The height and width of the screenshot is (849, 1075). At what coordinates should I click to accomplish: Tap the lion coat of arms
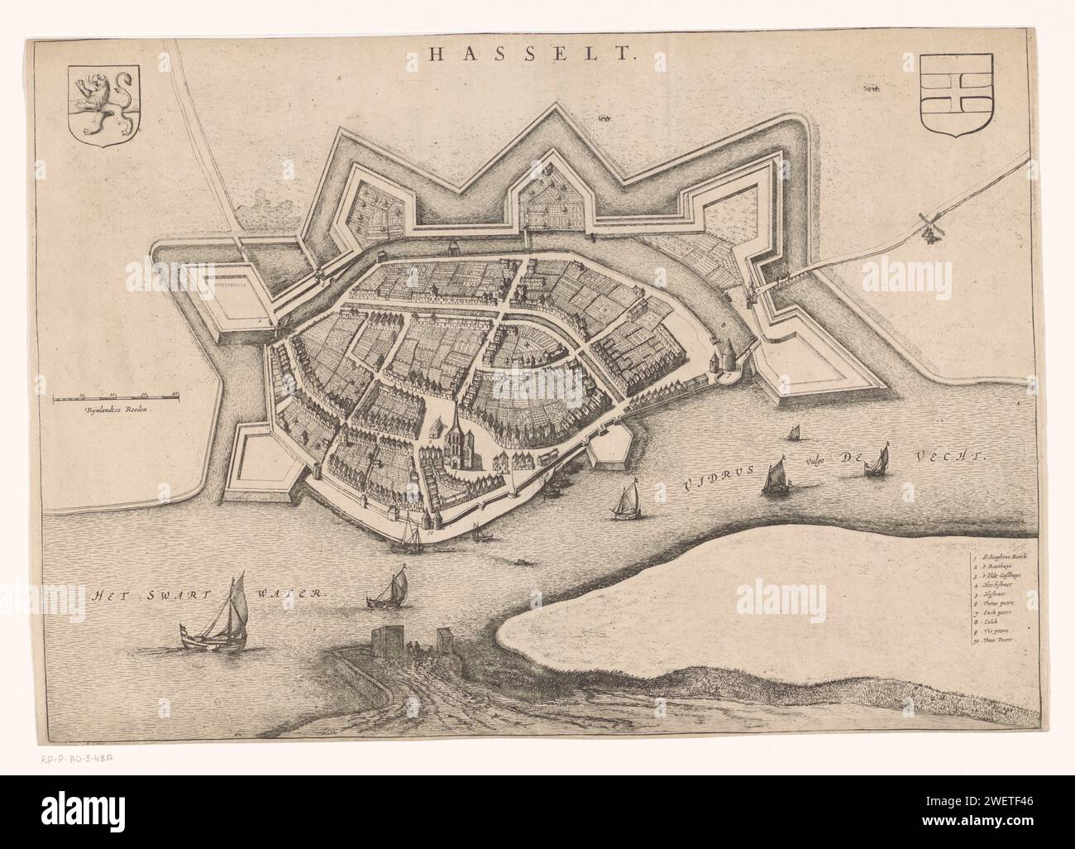click(x=105, y=104)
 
